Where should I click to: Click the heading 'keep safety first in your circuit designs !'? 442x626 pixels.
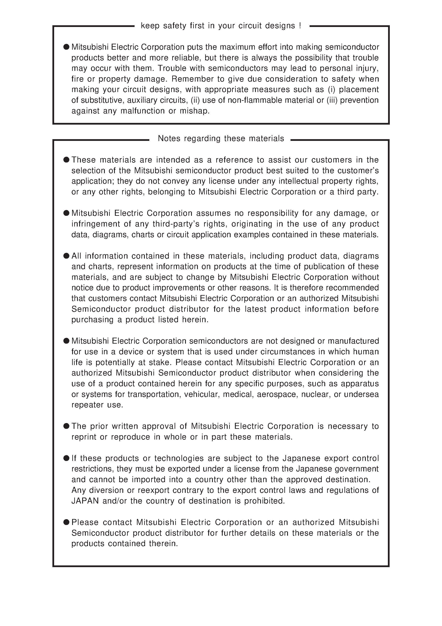pyautogui.click(x=221, y=26)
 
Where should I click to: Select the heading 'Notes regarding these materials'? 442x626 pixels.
pyautogui.click(x=221, y=139)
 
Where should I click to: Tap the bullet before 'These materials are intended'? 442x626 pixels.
pyautogui.click(x=67, y=159)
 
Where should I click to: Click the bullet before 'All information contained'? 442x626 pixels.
pyautogui.click(x=67, y=256)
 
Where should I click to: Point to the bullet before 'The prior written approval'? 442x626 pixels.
pyautogui.click(x=67, y=426)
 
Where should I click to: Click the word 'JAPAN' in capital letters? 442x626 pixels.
pyautogui.click(x=85, y=501)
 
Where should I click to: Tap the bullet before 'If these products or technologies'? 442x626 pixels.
pyautogui.click(x=67, y=458)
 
